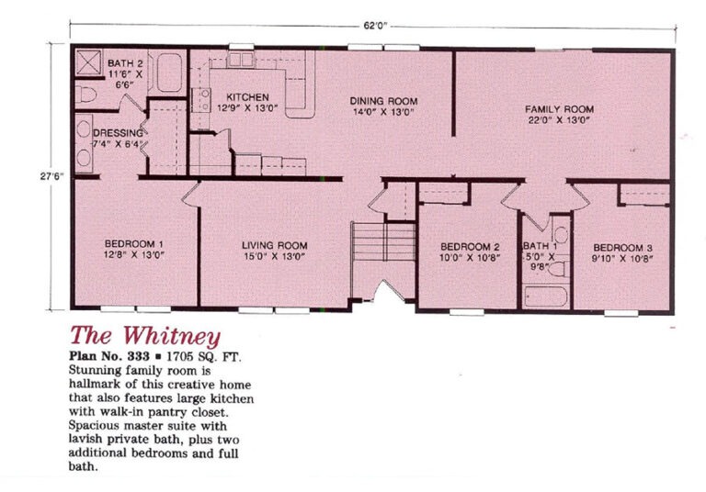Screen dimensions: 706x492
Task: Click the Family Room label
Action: click(559, 109)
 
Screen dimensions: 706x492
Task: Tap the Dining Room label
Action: click(383, 101)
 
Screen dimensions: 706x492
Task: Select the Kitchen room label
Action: click(247, 97)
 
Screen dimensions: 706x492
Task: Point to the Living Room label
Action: click(275, 246)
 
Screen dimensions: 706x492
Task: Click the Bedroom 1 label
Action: click(133, 244)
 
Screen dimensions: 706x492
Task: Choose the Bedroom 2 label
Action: click(470, 247)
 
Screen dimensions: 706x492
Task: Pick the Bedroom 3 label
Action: click(622, 248)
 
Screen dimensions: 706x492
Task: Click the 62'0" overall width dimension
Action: click(375, 26)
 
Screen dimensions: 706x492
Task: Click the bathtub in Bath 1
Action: click(546, 296)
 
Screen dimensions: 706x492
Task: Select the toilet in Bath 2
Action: click(85, 95)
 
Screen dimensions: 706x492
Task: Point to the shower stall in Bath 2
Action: click(88, 62)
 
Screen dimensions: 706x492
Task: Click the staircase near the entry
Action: click(383, 241)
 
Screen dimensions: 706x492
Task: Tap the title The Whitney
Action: click(145, 336)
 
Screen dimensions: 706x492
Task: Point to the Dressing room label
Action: click(118, 133)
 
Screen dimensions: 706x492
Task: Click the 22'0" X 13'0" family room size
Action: click(559, 120)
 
